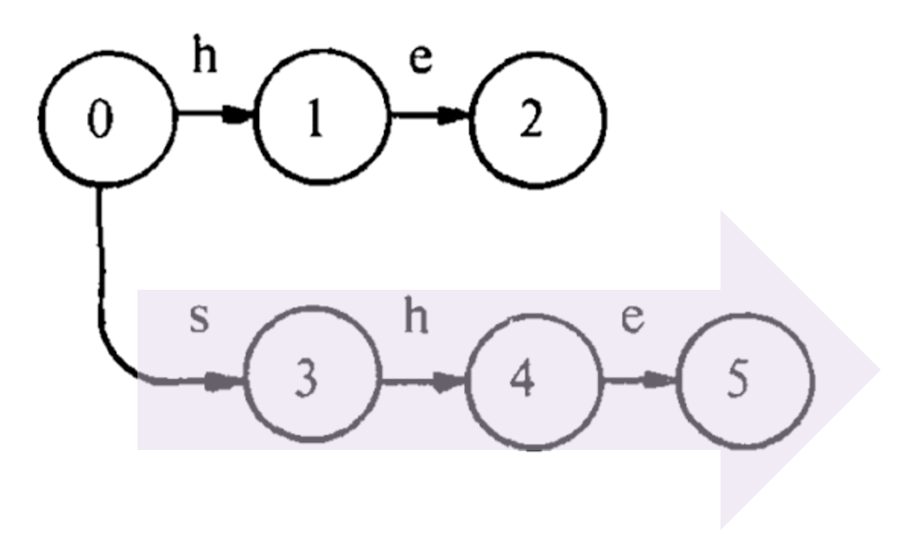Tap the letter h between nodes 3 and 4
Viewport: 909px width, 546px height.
416,319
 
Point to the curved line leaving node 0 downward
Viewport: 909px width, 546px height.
102,282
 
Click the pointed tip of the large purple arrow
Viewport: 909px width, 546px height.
878,370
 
